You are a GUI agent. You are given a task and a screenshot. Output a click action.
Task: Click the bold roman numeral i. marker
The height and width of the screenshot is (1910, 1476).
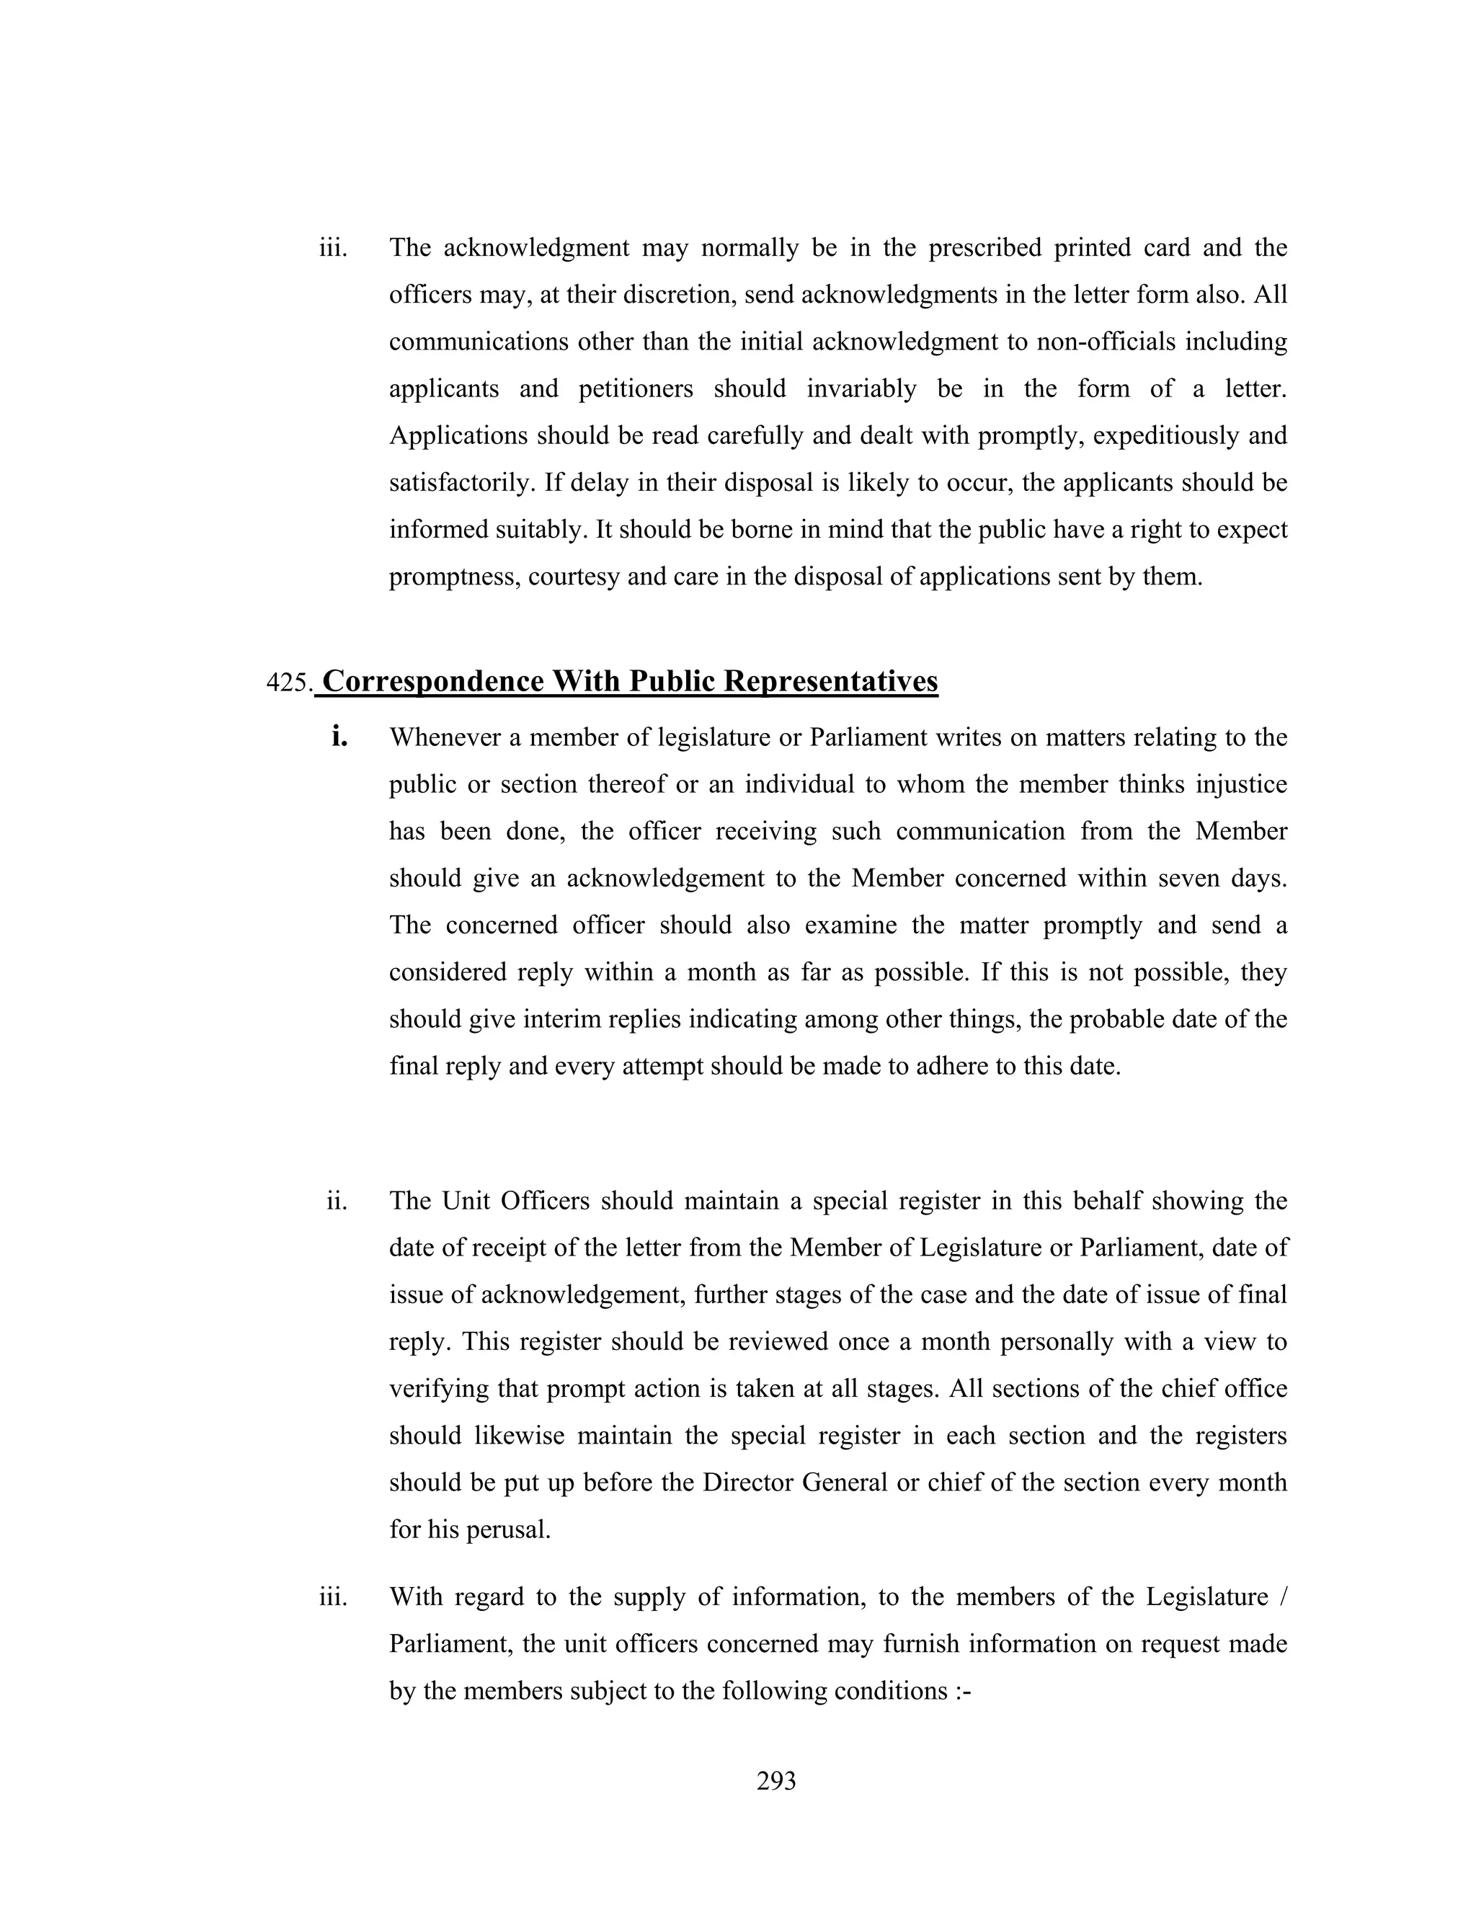point(339,737)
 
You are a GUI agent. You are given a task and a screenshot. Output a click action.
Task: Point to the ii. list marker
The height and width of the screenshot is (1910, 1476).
point(337,1201)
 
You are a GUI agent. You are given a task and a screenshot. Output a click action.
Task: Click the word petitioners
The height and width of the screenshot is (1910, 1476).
point(636,389)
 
